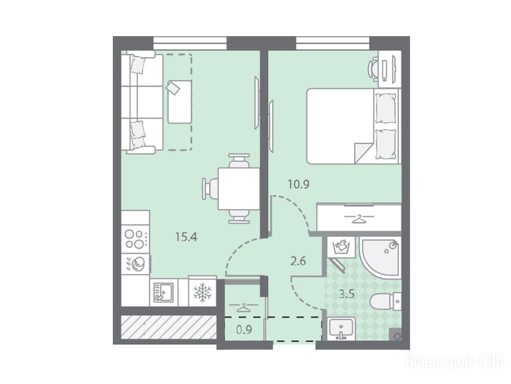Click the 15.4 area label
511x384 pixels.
coord(186,236)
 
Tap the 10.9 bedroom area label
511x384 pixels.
coord(298,184)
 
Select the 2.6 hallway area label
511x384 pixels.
coord(298,261)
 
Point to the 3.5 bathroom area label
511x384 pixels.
coord(346,294)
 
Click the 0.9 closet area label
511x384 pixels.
coord(244,330)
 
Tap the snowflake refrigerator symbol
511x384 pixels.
coord(203,292)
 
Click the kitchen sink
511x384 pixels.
coord(164,291)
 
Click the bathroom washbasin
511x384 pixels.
coord(341,328)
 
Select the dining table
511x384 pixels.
coord(239,188)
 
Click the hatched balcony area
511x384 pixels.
coord(169,327)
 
